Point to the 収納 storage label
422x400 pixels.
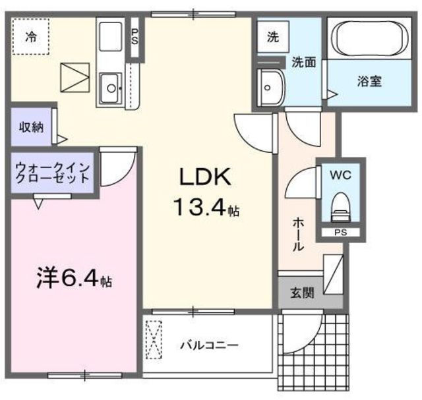tap(30, 126)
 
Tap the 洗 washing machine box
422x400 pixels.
tap(272, 38)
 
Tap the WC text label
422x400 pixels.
tap(340, 175)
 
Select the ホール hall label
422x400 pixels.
tap(298, 235)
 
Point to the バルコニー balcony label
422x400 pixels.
tap(209, 345)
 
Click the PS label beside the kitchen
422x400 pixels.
tap(135, 36)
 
